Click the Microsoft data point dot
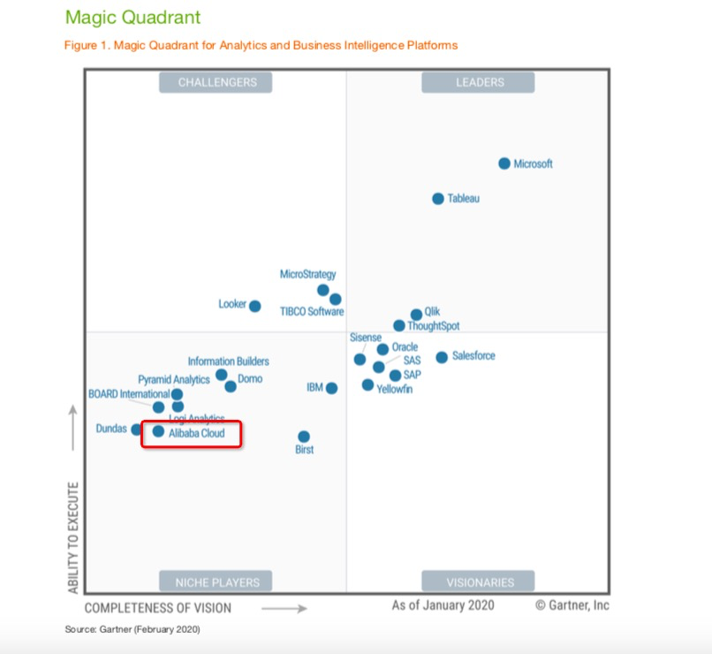pyautogui.click(x=504, y=163)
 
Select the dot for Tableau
pyautogui.click(x=438, y=199)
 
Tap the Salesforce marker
pyautogui.click(x=442, y=357)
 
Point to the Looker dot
pyautogui.click(x=255, y=306)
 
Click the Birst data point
pyautogui.click(x=304, y=437)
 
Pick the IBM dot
pyautogui.click(x=331, y=388)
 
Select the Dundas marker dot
pyautogui.click(x=136, y=430)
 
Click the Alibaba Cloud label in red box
pyautogui.click(x=197, y=433)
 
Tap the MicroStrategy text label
pyautogui.click(x=307, y=275)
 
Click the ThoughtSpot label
pyautogui.click(x=434, y=326)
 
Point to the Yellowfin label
pyautogui.click(x=395, y=389)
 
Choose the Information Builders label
pyautogui.click(x=228, y=361)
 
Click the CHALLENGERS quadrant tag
pyautogui.click(x=216, y=82)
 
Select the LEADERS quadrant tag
pyautogui.click(x=479, y=82)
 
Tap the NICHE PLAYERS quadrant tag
pyautogui.click(x=216, y=582)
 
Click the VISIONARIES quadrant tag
pyautogui.click(x=479, y=582)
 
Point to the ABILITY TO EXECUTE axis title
pyautogui.click(x=72, y=537)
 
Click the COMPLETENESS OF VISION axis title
pyautogui.click(x=158, y=608)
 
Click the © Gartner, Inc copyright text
pyautogui.click(x=572, y=605)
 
